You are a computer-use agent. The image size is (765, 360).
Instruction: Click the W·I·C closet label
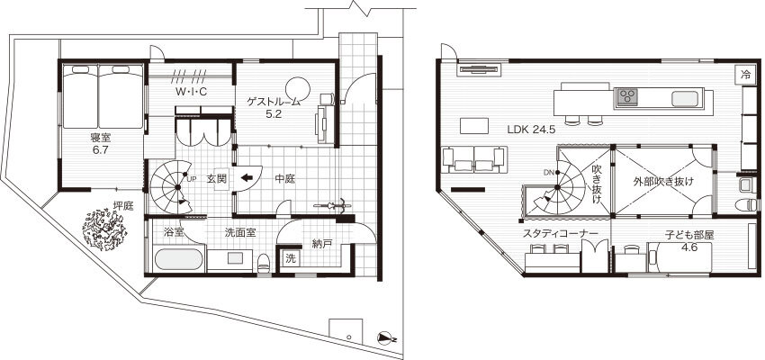pos(191,91)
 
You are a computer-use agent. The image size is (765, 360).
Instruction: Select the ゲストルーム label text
pos(272,102)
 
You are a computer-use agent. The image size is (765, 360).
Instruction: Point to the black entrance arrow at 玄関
pos(247,178)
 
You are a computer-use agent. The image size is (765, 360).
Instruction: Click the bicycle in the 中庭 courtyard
pos(332,205)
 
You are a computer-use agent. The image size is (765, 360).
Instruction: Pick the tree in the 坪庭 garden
pos(104,229)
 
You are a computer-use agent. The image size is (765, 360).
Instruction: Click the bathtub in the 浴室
pos(178,259)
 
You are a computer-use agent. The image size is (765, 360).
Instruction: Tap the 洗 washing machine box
pos(291,259)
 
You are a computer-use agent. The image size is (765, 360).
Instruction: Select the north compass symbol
pos(385,337)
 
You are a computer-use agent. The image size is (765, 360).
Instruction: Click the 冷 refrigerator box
pos(745,75)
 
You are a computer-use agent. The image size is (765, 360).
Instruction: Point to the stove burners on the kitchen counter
pos(627,96)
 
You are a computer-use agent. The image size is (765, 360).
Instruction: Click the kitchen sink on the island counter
pos(687,98)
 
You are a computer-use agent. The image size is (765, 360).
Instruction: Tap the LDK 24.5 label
pos(531,130)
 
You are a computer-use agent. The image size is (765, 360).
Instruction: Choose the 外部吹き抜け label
pos(663,182)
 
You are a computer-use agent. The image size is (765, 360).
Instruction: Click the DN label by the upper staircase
pos(548,173)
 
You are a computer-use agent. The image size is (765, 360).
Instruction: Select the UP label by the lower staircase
pos(191,178)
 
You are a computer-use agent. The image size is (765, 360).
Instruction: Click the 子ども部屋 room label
pos(689,235)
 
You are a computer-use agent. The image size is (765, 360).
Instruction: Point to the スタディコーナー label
pos(560,234)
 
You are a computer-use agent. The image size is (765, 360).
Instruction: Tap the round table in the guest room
pos(298,89)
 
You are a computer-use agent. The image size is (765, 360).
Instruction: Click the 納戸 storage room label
pos(321,243)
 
